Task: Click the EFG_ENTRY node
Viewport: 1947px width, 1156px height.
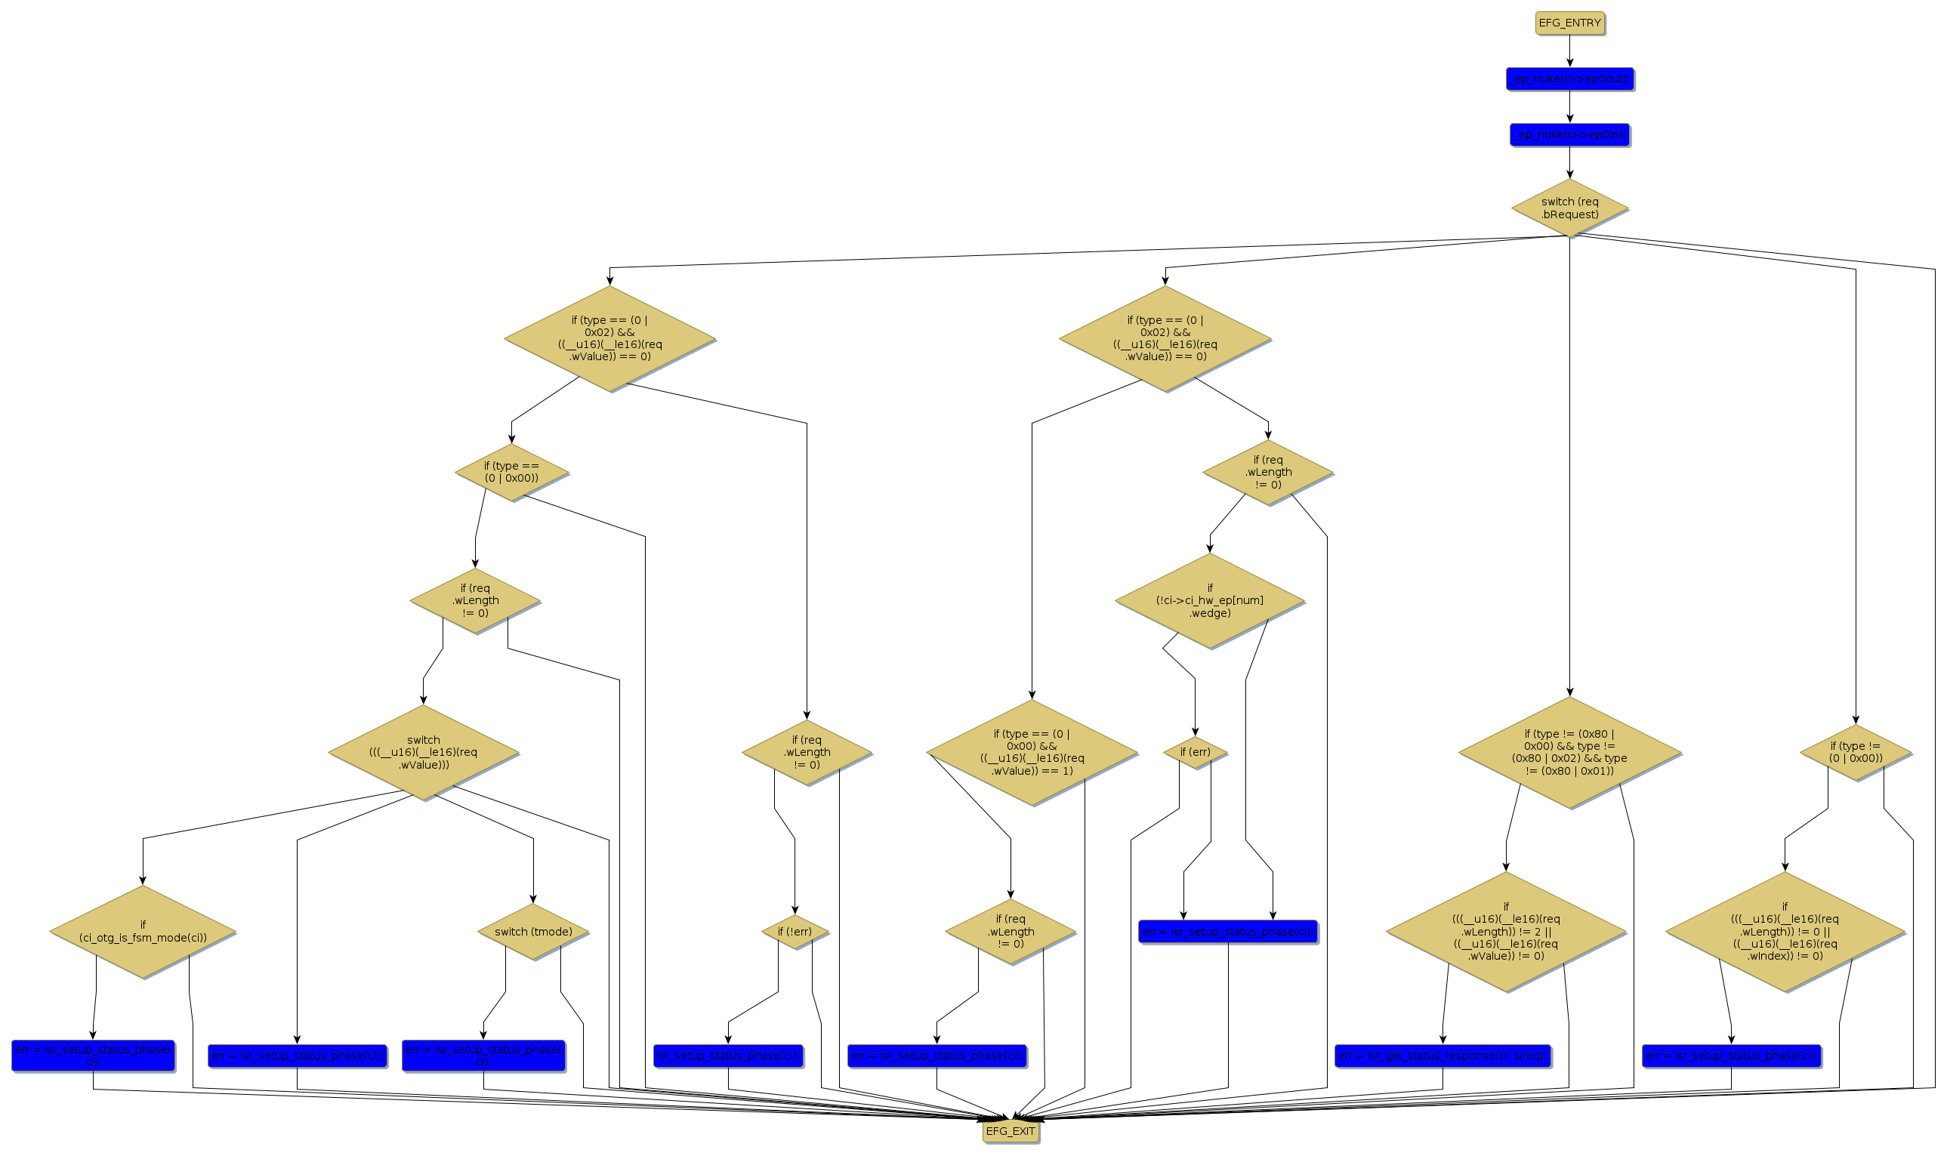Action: pyautogui.click(x=1569, y=23)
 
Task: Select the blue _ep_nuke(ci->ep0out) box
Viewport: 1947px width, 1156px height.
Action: pyautogui.click(x=1569, y=79)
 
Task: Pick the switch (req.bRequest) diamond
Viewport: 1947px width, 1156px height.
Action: pyautogui.click(x=1569, y=208)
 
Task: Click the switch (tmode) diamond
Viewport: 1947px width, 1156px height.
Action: pyautogui.click(x=533, y=932)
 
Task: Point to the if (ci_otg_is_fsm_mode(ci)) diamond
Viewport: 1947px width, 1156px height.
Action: pyautogui.click(x=143, y=932)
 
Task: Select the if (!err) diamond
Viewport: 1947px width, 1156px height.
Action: pyautogui.click(x=795, y=932)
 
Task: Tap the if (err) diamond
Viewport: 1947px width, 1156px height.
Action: pyautogui.click(x=1195, y=753)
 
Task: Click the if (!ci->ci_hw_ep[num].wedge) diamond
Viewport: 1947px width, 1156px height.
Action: pyautogui.click(x=1210, y=600)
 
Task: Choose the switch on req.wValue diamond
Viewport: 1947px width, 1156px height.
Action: pyautogui.click(x=423, y=753)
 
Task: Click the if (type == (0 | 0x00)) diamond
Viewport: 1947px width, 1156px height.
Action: pyautogui.click(x=512, y=472)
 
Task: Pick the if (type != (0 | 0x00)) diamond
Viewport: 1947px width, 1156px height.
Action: pyautogui.click(x=1855, y=753)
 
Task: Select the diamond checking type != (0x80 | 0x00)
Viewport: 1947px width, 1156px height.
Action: pyautogui.click(x=1569, y=753)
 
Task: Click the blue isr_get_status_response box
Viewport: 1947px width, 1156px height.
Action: pyautogui.click(x=1443, y=1056)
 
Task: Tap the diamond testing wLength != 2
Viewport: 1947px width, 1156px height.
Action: pyautogui.click(x=1505, y=932)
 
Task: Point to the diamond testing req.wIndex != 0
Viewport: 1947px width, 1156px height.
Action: pyautogui.click(x=1784, y=932)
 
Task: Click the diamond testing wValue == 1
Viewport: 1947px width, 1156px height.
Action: pyautogui.click(x=1032, y=753)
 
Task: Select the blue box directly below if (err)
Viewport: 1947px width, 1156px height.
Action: pyautogui.click(x=1228, y=932)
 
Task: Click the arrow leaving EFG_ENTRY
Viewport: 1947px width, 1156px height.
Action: pyautogui.click(x=1569, y=51)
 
